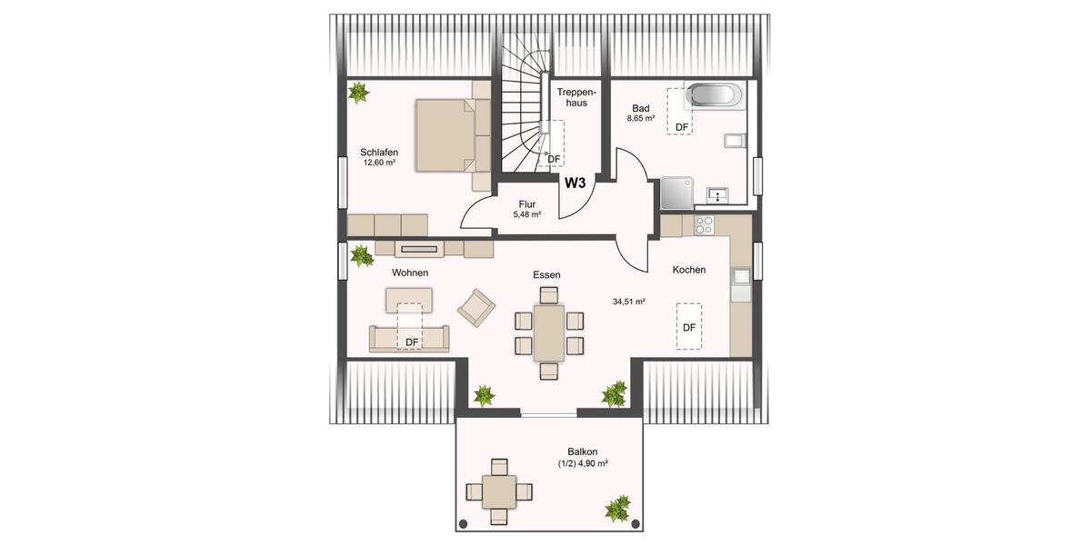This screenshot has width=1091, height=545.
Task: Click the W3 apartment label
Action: point(575,182)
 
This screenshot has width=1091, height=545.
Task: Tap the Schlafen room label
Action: point(379,152)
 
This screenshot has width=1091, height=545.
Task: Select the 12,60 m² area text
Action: point(379,163)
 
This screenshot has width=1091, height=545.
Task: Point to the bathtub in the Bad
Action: point(715,96)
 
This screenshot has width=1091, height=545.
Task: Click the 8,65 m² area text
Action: point(641,119)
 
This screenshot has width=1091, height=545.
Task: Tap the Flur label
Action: point(527,203)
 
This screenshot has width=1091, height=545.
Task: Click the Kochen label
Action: point(688,270)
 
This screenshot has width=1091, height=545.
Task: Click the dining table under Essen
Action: point(549,332)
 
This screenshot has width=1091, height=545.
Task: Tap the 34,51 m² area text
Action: point(629,302)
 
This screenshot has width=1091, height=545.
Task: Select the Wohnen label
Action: point(410,272)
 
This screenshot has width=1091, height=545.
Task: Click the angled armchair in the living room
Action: point(476,307)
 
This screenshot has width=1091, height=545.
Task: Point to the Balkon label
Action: point(583,451)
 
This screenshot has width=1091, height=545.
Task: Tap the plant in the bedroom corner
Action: point(359,92)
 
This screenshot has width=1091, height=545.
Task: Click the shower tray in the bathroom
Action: point(676,191)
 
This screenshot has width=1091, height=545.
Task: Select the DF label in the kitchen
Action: point(689,327)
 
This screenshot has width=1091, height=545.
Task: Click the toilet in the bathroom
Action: point(735,140)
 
